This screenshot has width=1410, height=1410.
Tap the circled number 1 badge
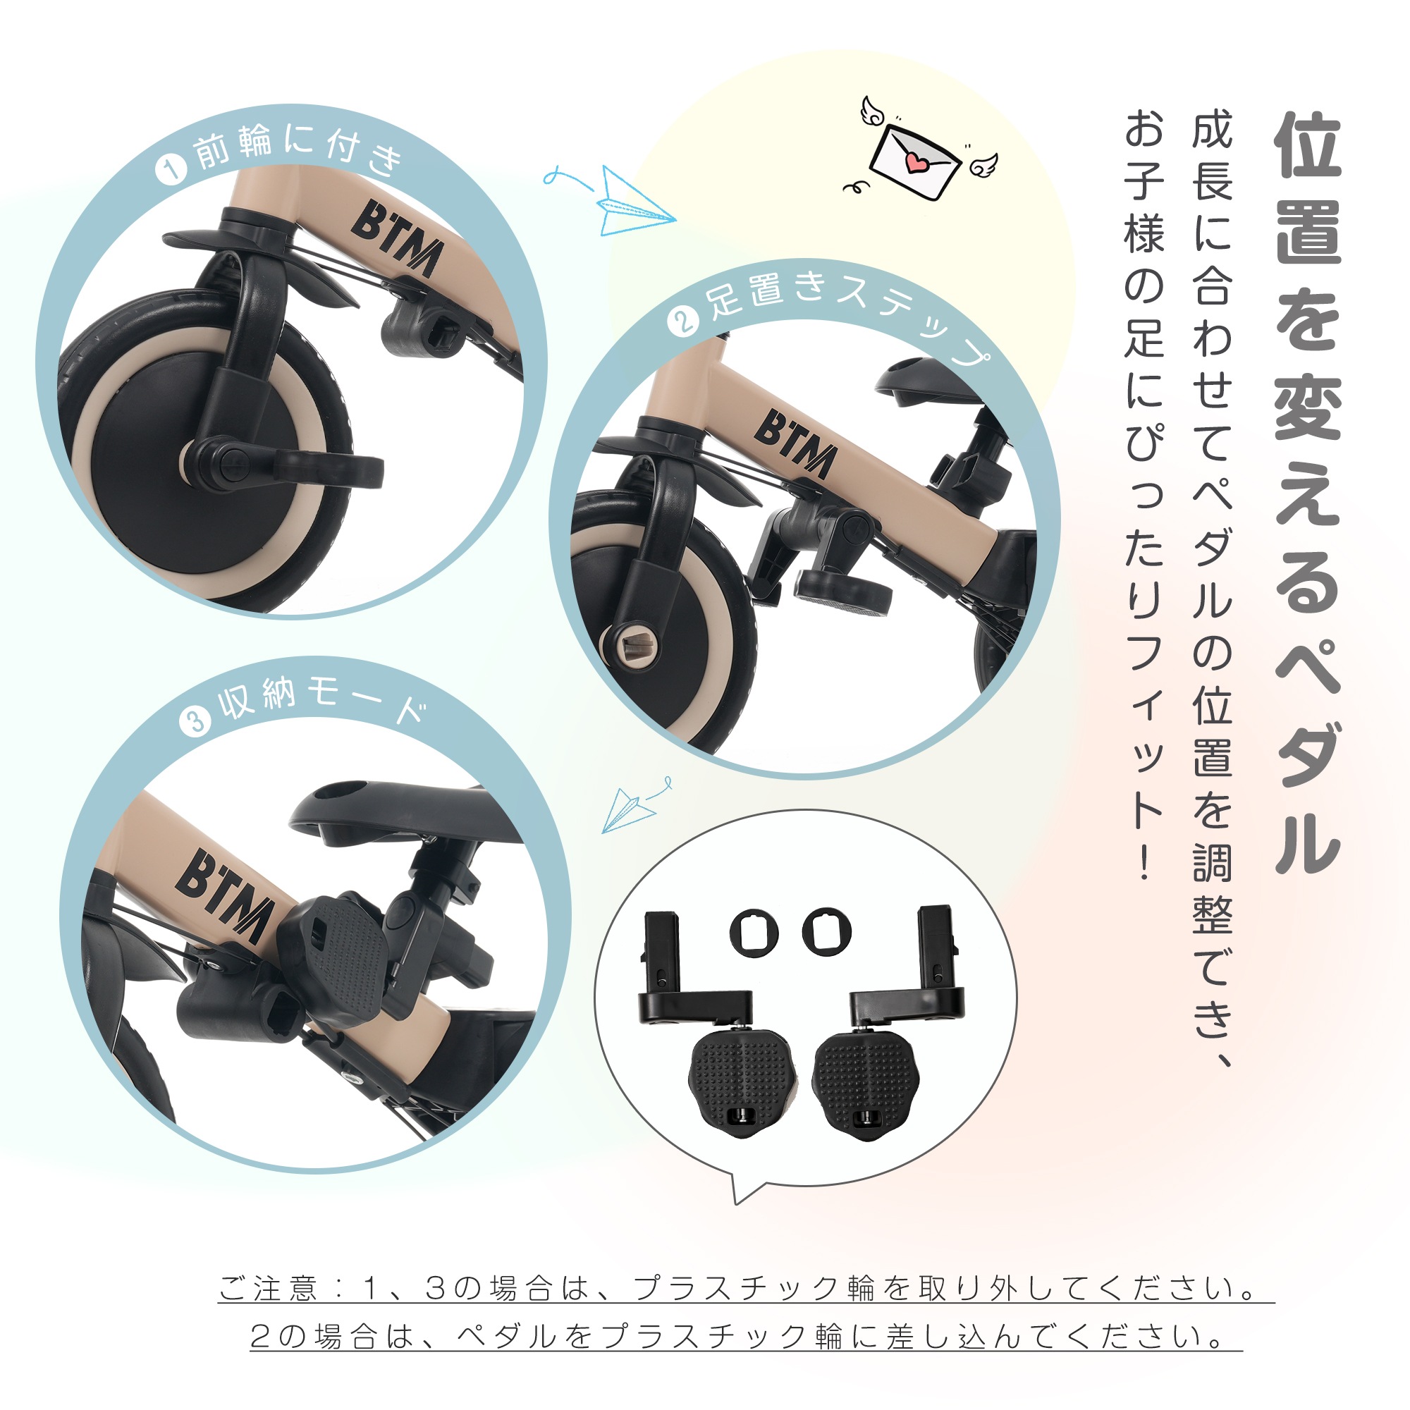[x=171, y=171]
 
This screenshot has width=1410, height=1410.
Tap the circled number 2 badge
[x=682, y=321]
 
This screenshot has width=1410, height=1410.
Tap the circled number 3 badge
[x=195, y=722]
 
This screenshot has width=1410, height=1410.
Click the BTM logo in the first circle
[x=398, y=239]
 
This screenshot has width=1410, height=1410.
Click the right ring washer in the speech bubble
[x=827, y=931]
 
